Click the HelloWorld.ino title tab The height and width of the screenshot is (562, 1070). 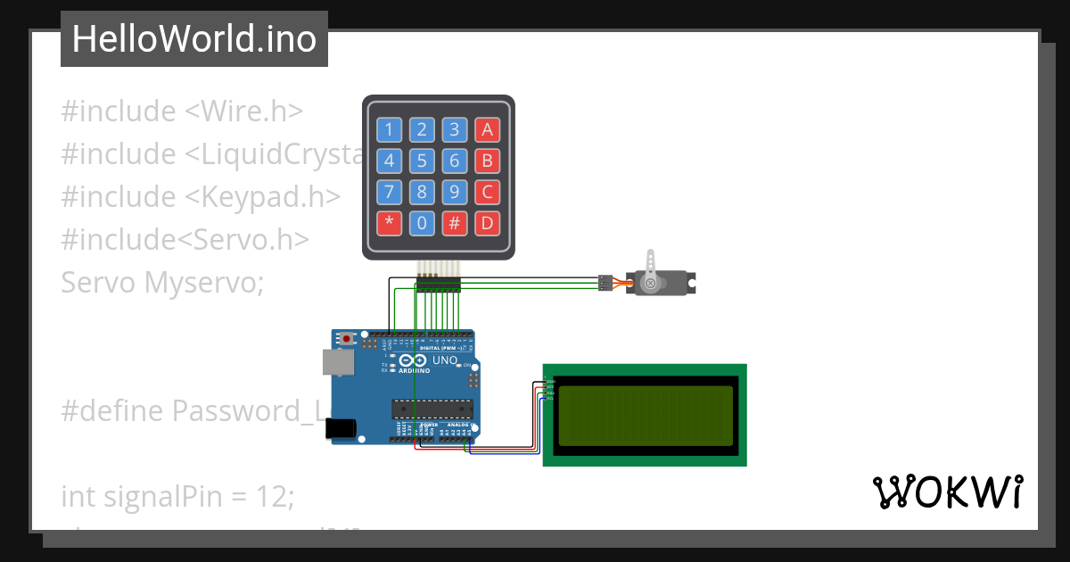(193, 39)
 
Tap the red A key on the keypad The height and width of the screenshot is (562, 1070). (487, 130)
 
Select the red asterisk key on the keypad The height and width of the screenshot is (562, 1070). (389, 222)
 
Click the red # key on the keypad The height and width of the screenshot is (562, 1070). (454, 222)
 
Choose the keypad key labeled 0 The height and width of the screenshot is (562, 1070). (422, 222)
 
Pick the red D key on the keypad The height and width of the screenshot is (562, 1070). (487, 222)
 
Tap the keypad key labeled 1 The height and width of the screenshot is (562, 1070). (389, 130)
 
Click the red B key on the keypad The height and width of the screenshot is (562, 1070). (487, 161)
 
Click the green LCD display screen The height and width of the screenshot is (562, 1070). (645, 416)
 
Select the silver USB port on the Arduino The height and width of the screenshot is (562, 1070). (337, 360)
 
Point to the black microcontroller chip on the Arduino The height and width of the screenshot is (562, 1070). (432, 409)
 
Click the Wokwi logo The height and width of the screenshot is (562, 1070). (947, 492)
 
